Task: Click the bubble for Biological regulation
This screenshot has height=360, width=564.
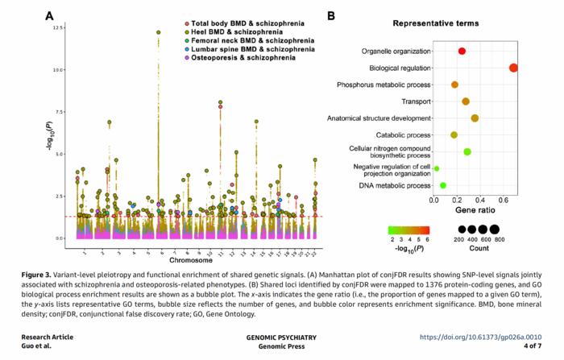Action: click(x=514, y=68)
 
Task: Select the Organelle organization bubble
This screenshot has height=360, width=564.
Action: click(x=462, y=51)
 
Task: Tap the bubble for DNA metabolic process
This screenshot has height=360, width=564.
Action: click(x=443, y=185)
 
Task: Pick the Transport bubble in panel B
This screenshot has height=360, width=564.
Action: click(x=466, y=101)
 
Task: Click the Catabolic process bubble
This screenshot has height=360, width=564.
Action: click(x=454, y=134)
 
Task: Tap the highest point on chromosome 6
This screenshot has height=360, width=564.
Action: click(x=159, y=32)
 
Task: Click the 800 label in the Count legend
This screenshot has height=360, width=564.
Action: click(x=500, y=240)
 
